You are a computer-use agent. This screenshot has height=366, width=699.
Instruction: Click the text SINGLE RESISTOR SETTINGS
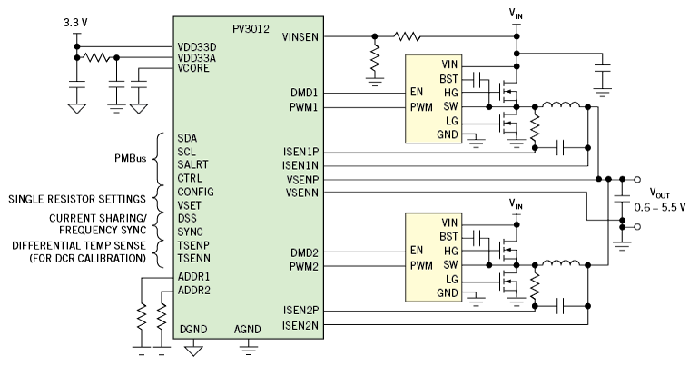[75, 198]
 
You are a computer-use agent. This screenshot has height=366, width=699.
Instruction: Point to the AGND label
[248, 329]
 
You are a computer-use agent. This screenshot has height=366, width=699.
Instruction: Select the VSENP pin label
[301, 180]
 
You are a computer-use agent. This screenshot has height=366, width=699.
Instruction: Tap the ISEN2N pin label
[301, 324]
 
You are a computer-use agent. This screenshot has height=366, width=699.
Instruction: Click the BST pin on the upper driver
[449, 78]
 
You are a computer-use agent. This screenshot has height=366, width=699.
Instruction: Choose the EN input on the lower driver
[418, 251]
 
